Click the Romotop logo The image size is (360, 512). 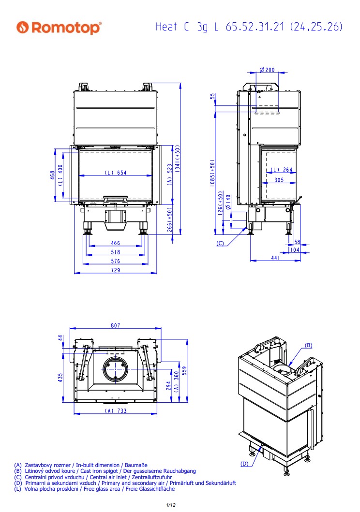(x=59, y=28)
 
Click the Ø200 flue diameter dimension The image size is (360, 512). (x=267, y=70)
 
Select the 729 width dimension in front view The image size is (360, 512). (x=115, y=270)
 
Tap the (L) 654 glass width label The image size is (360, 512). (x=116, y=173)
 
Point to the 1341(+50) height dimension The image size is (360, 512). (x=178, y=159)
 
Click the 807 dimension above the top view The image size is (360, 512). (x=115, y=325)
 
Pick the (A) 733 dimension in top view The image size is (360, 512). (x=116, y=410)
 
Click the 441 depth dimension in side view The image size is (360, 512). (x=275, y=258)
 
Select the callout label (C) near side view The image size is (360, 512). (x=221, y=243)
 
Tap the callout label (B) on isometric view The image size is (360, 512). (x=308, y=346)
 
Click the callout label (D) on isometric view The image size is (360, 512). (x=244, y=464)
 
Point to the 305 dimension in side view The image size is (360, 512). (x=279, y=179)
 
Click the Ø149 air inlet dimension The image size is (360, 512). (x=228, y=202)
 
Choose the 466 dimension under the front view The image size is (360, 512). (x=115, y=243)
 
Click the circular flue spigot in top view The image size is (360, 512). (x=115, y=369)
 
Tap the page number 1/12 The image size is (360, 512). (x=171, y=505)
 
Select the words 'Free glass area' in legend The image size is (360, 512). (x=102, y=489)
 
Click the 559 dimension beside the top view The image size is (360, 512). (x=184, y=371)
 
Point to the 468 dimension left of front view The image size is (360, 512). (x=52, y=176)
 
